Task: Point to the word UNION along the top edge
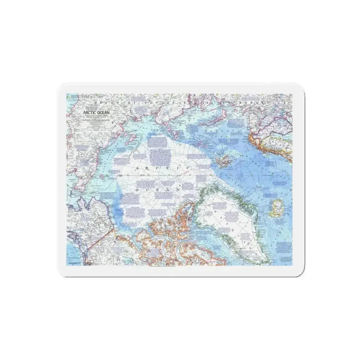[100, 103]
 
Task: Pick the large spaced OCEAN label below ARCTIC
[157, 189]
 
